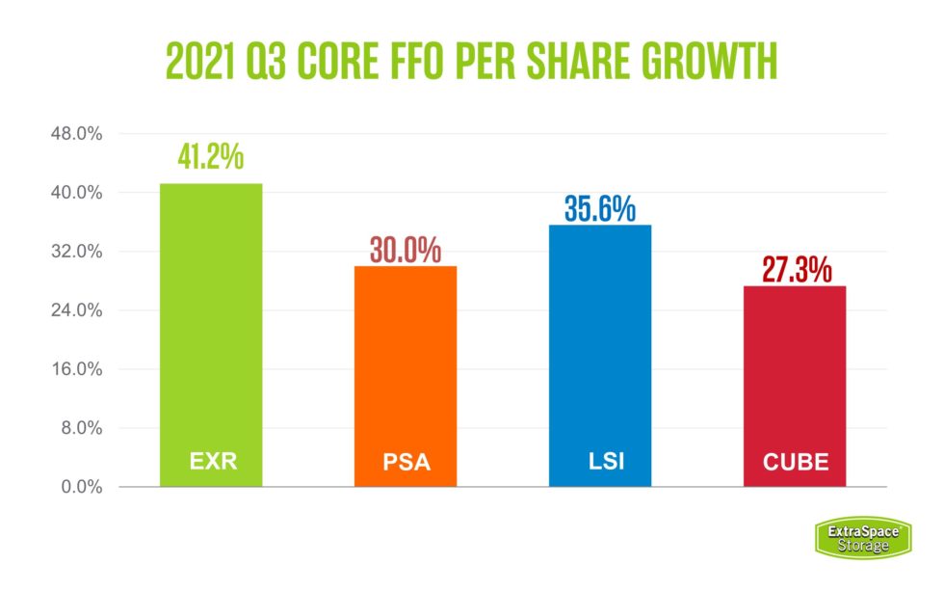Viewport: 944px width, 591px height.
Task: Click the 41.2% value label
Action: (210, 157)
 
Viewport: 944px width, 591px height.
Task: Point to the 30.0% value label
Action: (405, 250)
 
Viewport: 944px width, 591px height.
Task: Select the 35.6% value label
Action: (599, 208)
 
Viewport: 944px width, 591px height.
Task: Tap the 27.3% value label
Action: (796, 269)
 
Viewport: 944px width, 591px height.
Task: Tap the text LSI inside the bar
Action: (599, 461)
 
